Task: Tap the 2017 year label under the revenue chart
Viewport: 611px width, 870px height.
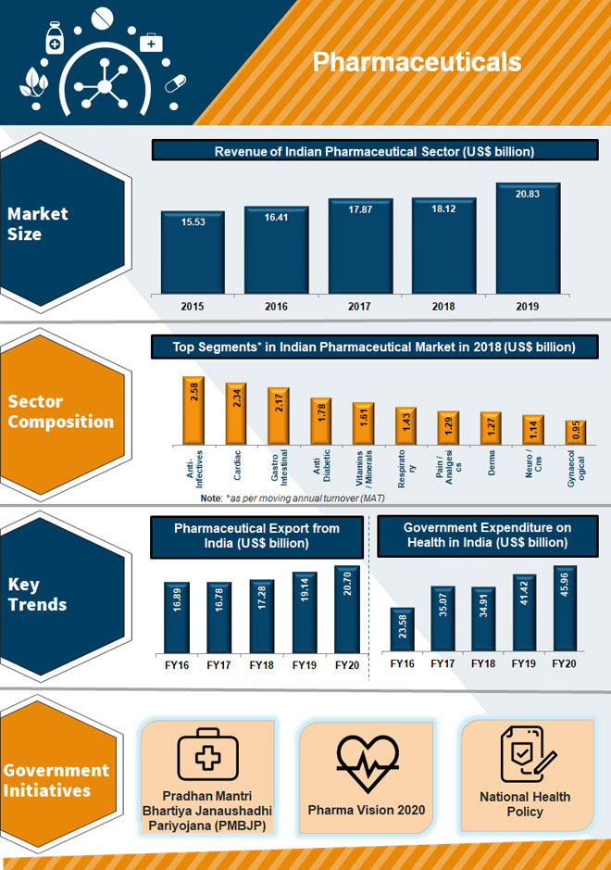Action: point(360,306)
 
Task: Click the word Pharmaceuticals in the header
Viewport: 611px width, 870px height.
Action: point(417,62)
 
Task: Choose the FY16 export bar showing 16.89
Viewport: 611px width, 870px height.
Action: point(177,618)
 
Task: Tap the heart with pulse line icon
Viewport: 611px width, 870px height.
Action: point(366,763)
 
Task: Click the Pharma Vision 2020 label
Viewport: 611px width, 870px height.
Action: point(367,810)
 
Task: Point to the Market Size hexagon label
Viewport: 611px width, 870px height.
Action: point(38,223)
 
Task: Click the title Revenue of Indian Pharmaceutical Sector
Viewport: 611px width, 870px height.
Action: point(374,151)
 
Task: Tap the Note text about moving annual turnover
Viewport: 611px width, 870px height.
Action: point(293,498)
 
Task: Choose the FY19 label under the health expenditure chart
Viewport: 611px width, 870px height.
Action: point(524,664)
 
